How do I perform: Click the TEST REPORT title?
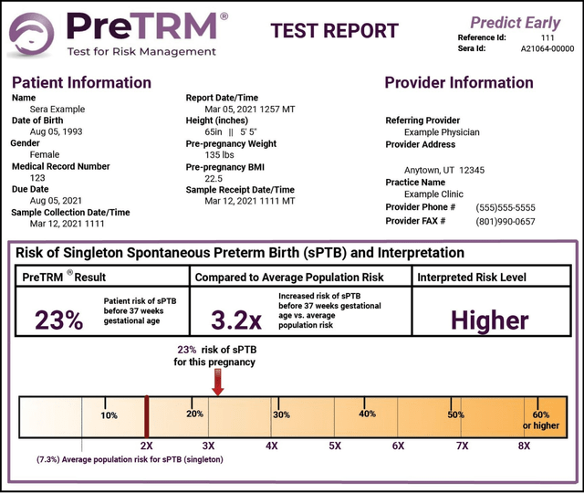(x=335, y=30)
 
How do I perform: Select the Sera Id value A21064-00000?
(x=547, y=48)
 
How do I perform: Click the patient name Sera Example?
(x=57, y=109)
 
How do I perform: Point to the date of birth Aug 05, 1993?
(x=58, y=131)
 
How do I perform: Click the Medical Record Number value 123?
(x=37, y=178)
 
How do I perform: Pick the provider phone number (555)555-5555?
(x=506, y=208)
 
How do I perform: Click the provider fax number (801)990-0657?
(x=506, y=221)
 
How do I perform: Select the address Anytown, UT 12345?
(x=445, y=170)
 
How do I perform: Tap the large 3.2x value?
(x=236, y=320)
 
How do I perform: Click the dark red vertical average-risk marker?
(x=146, y=415)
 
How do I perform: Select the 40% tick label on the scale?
(x=368, y=414)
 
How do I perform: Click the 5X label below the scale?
(x=335, y=446)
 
